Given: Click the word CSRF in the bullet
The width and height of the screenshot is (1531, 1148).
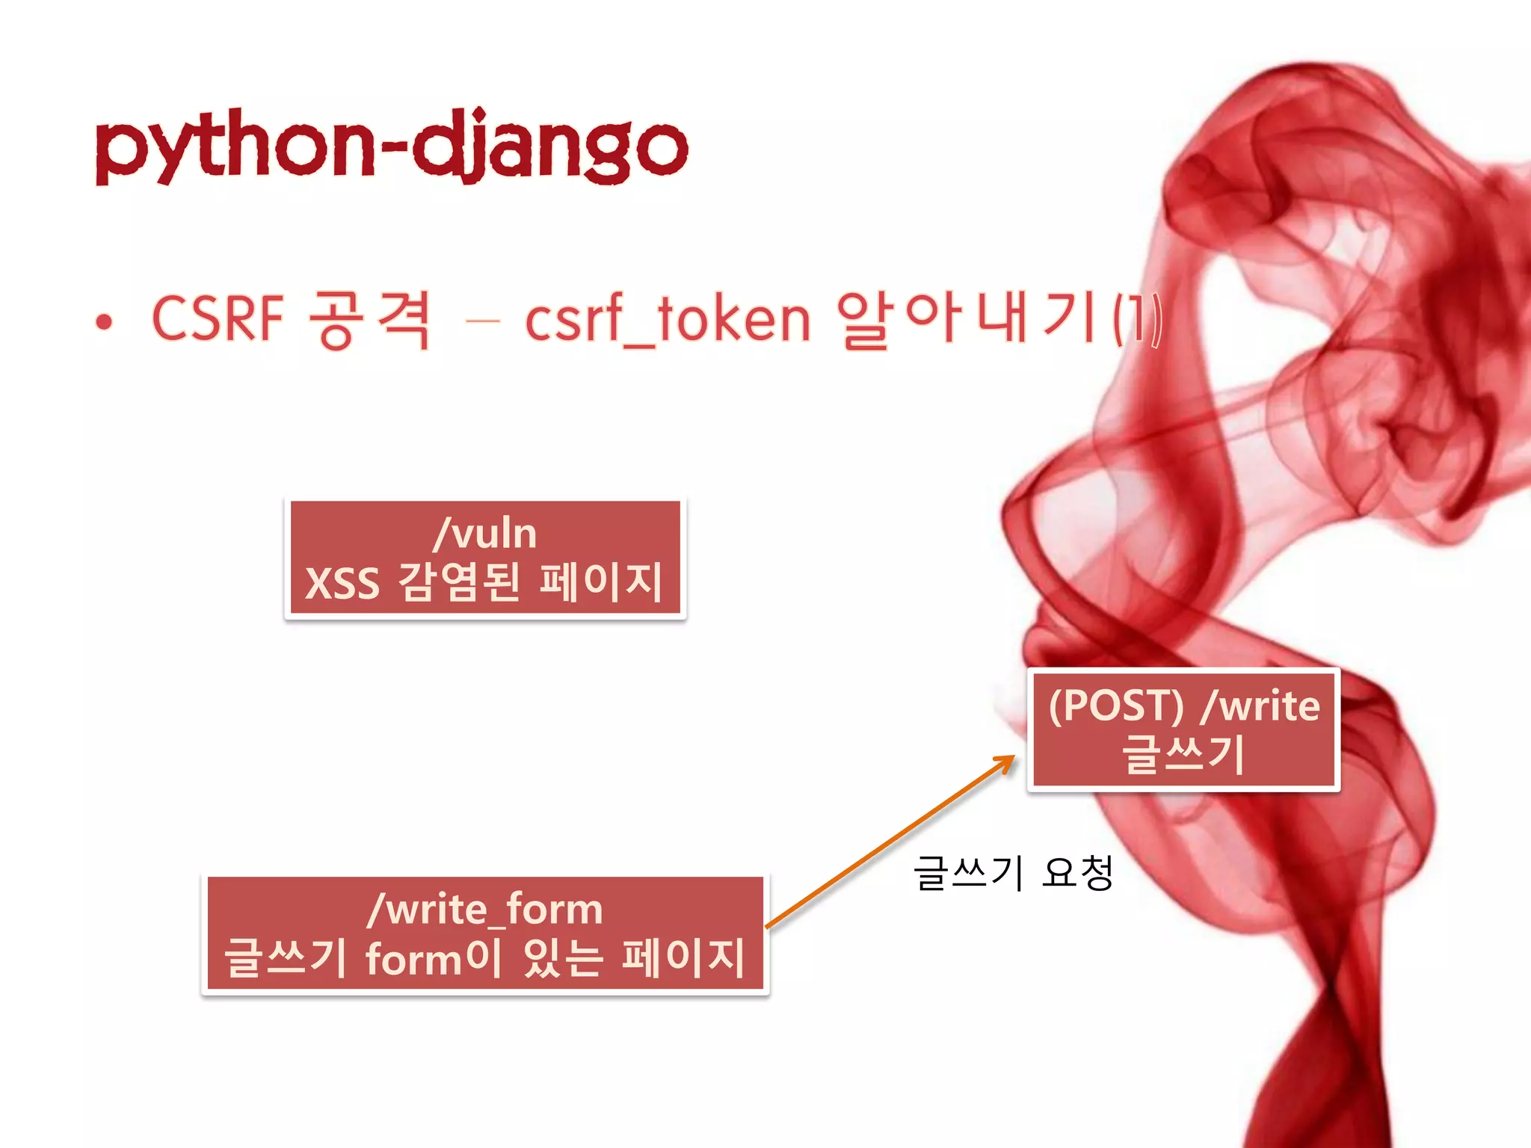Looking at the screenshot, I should pyautogui.click(x=218, y=319).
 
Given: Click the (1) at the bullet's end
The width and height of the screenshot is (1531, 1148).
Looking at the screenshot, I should pyautogui.click(x=1138, y=319).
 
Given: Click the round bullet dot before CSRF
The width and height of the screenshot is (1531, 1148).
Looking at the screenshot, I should pyautogui.click(x=104, y=322).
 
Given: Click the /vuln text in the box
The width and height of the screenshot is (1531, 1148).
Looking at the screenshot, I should pyautogui.click(x=484, y=534).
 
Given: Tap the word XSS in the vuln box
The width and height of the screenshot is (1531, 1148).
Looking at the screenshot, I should pyautogui.click(x=342, y=583).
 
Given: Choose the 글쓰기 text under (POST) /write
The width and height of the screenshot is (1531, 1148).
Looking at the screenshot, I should pyautogui.click(x=1183, y=753).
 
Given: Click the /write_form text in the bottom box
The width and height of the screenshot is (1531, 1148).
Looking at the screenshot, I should pyautogui.click(x=484, y=910).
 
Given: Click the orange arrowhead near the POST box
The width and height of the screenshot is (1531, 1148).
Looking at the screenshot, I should pyautogui.click(x=1005, y=763).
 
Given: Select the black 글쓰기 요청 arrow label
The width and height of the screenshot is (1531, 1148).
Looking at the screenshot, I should pyautogui.click(x=1013, y=873).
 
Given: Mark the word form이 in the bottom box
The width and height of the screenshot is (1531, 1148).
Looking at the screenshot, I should pyautogui.click(x=434, y=957).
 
